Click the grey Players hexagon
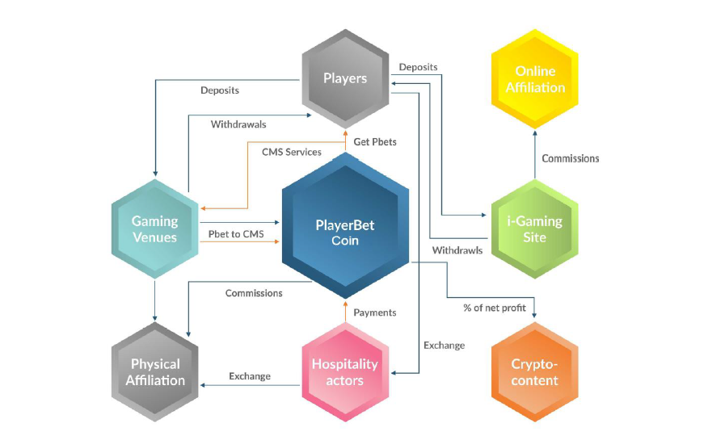tap(345, 79)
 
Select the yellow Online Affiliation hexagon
tap(535, 79)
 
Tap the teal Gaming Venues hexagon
tap(155, 229)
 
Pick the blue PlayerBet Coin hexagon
tap(345, 225)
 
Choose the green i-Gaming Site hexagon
tap(535, 229)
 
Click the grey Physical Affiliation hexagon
tap(155, 372)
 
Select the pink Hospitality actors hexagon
tap(345, 372)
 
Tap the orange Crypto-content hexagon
tap(535, 372)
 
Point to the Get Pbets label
tap(375, 142)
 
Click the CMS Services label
tap(292, 153)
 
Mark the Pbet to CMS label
tap(236, 234)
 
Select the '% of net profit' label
tap(495, 308)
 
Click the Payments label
tap(375, 313)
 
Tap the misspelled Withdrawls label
tap(457, 250)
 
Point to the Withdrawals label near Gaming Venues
tap(238, 124)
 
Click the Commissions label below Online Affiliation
tap(571, 159)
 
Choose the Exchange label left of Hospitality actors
tap(250, 376)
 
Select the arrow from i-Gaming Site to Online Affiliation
tap(535, 155)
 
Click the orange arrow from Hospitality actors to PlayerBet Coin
tap(345, 312)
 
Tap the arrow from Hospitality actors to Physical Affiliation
tap(250, 385)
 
